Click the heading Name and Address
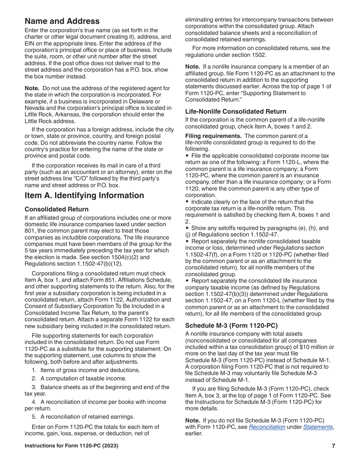(x=62, y=21)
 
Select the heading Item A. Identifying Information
(x=84, y=195)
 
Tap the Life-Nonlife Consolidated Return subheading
(x=235, y=111)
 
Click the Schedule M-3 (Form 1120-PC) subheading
(x=231, y=325)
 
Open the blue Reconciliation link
(x=267, y=427)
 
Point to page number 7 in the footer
(x=333, y=446)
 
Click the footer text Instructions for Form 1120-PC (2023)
(x=71, y=446)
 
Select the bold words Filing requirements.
(x=213, y=136)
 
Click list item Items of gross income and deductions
(x=90, y=370)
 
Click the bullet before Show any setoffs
(x=187, y=228)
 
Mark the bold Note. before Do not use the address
(x=32, y=88)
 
